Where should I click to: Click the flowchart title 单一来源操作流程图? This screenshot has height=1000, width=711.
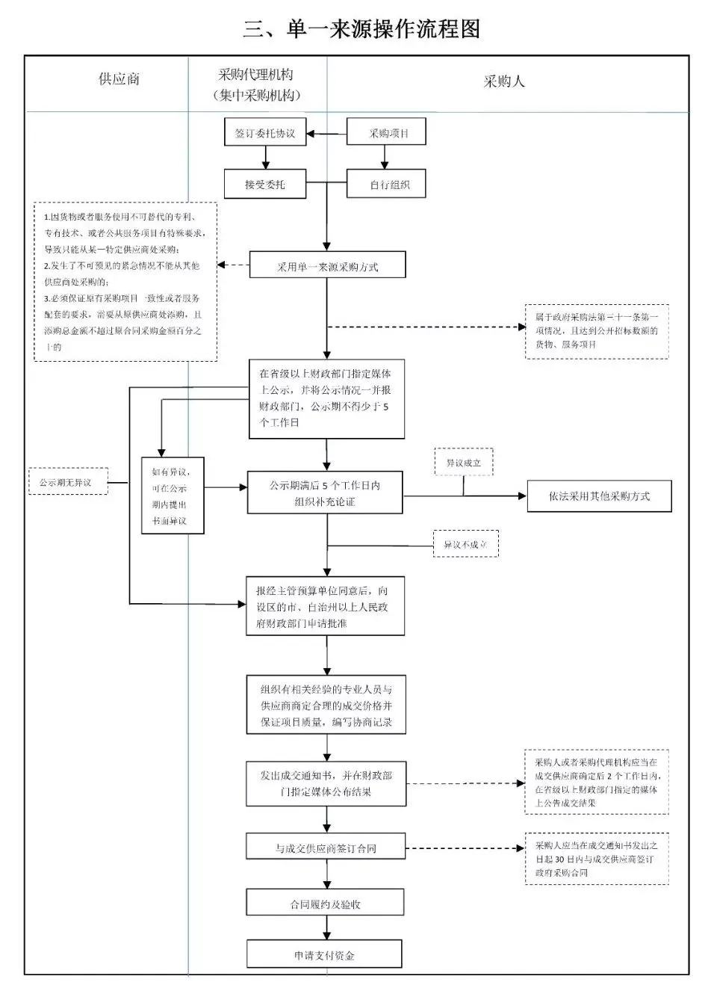pos(361,29)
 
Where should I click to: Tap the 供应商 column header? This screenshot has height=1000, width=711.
pos(119,79)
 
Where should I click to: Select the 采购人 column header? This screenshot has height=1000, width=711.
pos(503,81)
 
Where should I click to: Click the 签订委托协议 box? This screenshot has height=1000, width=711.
pos(265,134)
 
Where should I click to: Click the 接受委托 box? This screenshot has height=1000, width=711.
pos(265,184)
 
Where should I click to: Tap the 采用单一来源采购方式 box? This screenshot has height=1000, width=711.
pos(327,266)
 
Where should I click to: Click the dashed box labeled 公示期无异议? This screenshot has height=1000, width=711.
pos(68,482)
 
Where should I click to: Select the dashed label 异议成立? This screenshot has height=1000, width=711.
pos(464,463)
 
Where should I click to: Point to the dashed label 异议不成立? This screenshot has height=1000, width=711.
pos(465,544)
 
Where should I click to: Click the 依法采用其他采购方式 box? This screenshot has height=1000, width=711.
pos(599,496)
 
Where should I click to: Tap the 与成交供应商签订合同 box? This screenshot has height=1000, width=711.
pos(326,848)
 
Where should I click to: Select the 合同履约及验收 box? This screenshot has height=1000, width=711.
pos(325,904)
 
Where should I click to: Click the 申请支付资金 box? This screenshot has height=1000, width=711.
pos(324,955)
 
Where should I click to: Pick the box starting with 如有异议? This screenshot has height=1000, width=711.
pos(173,496)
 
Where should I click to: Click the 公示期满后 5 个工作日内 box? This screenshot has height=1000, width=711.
pos(325,493)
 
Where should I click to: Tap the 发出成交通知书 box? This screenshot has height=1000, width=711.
pos(326,783)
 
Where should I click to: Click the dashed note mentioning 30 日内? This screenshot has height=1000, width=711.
pos(596,859)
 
